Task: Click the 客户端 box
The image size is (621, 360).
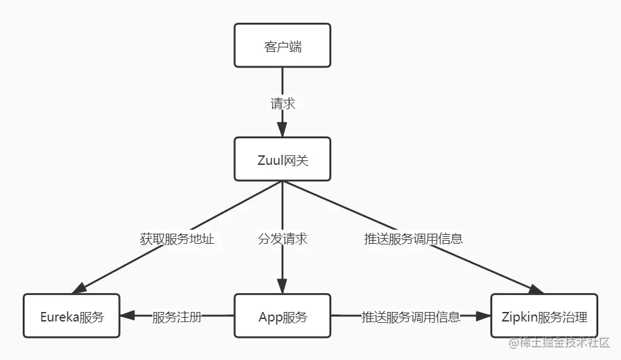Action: [282, 45]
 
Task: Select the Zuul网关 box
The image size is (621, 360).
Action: [282, 160]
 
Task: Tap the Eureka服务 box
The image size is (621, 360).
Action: [71, 316]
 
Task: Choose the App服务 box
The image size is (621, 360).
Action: [282, 316]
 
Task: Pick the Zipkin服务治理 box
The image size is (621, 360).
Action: [543, 316]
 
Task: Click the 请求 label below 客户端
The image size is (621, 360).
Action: [283, 104]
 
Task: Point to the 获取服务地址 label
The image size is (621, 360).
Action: [177, 239]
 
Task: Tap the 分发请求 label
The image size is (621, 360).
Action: [283, 239]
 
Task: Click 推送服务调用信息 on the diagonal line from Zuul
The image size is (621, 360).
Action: [413, 239]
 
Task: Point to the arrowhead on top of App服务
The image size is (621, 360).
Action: [282, 288]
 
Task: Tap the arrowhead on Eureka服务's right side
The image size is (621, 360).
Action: [126, 316]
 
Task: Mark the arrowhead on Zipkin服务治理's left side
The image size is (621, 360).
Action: [484, 316]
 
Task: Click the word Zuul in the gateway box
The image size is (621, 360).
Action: [270, 160]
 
